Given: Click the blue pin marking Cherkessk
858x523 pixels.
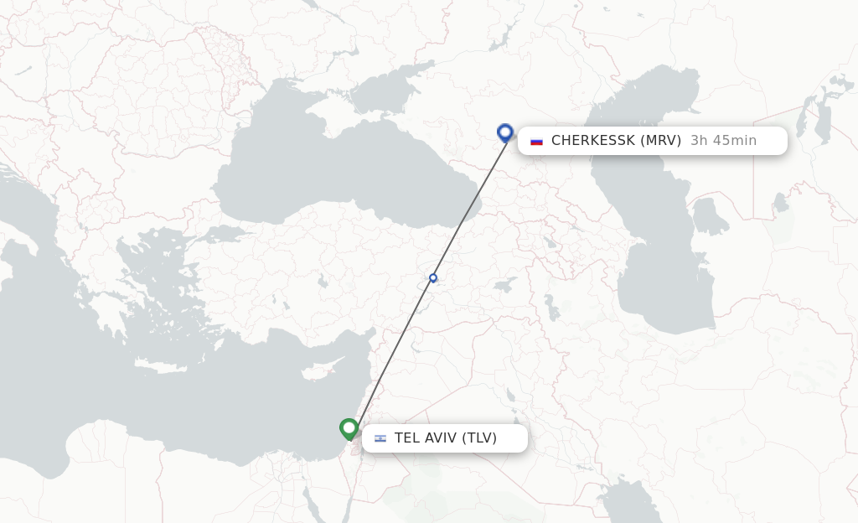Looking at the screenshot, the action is (x=504, y=132).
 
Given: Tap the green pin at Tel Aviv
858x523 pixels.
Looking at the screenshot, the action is (x=349, y=427).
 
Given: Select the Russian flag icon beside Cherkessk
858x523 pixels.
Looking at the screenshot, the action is (x=536, y=141).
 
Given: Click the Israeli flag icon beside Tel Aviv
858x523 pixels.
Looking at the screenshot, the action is (x=380, y=438).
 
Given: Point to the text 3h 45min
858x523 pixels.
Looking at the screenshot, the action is (x=723, y=141).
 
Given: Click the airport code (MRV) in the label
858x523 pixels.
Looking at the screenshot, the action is (x=660, y=141).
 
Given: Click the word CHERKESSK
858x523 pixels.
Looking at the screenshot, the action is (x=592, y=141).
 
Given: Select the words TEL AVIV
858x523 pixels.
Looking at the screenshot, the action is (x=425, y=438).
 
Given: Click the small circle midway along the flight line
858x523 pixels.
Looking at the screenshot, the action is (x=433, y=277).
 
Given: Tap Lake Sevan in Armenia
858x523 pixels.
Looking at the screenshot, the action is (x=549, y=243).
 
